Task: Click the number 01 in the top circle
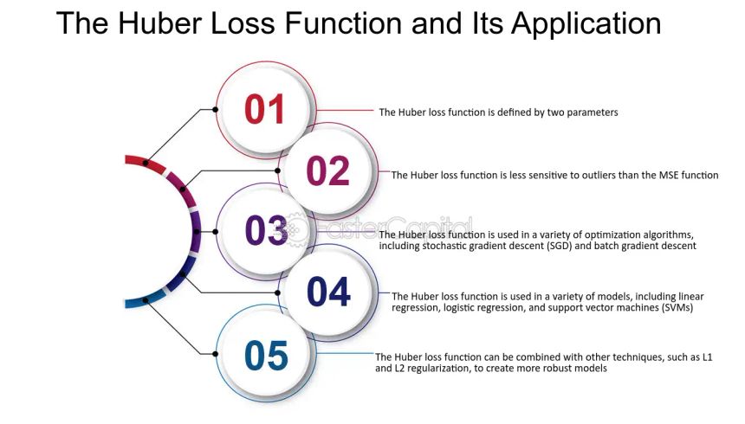pos(264,109)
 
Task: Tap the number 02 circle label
pos(327,170)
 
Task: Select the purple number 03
pos(266,230)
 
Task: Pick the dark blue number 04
pos(329,292)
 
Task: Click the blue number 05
pos(266,355)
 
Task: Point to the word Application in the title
pos(586,23)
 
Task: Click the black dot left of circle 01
pos(215,109)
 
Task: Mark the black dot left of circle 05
pos(215,354)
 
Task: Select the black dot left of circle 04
pos(277,292)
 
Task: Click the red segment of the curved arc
pos(145,163)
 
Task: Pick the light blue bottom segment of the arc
pos(144,299)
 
